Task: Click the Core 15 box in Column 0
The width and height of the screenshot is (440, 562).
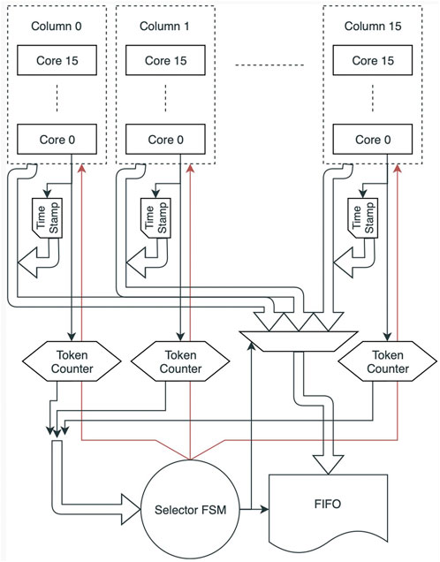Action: click(57, 60)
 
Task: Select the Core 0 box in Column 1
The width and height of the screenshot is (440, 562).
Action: click(165, 140)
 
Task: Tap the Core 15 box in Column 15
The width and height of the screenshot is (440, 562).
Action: click(373, 60)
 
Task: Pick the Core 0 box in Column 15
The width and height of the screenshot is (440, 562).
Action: click(373, 140)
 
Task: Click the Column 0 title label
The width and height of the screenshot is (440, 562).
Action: click(57, 27)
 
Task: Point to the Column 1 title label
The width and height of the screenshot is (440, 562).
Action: click(164, 27)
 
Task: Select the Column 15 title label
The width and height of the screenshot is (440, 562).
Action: click(373, 27)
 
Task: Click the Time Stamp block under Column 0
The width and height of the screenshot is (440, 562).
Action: click(48, 218)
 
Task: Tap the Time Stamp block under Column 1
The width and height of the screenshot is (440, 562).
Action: click(156, 218)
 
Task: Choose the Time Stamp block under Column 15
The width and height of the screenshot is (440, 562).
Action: click(362, 218)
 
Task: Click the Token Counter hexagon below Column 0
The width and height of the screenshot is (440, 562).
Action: click(72, 361)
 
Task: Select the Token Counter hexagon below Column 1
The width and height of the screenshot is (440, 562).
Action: click(180, 361)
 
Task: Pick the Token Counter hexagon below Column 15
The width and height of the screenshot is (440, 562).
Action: click(387, 361)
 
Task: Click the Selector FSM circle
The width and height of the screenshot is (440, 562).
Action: click(190, 509)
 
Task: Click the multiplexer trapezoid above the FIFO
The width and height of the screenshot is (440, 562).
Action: click(298, 341)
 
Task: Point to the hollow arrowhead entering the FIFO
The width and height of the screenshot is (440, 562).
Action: click(328, 465)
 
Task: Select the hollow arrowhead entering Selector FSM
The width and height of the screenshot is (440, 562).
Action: click(131, 509)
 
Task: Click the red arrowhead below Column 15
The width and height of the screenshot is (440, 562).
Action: click(398, 169)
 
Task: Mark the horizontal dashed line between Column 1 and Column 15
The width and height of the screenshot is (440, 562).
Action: click(269, 65)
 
